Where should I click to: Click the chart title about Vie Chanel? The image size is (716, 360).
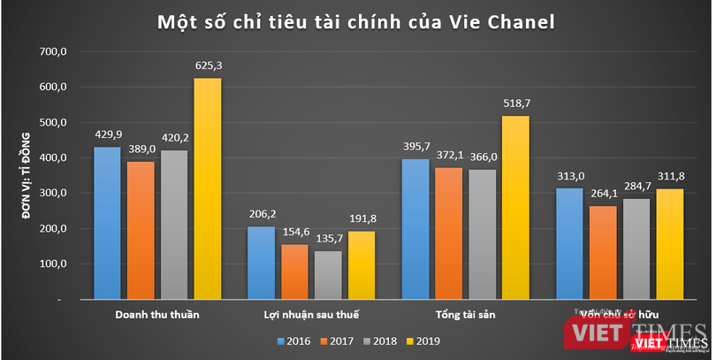tap(357, 20)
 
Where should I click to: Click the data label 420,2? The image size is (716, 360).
tap(173, 137)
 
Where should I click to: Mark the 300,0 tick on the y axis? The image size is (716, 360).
tap(52, 194)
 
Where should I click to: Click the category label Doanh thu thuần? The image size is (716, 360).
tap(157, 315)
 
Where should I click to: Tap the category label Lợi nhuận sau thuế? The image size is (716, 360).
tap(312, 315)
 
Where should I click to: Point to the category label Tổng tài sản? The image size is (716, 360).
tap(467, 315)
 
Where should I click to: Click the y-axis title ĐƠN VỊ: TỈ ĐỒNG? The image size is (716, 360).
tap(26, 176)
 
